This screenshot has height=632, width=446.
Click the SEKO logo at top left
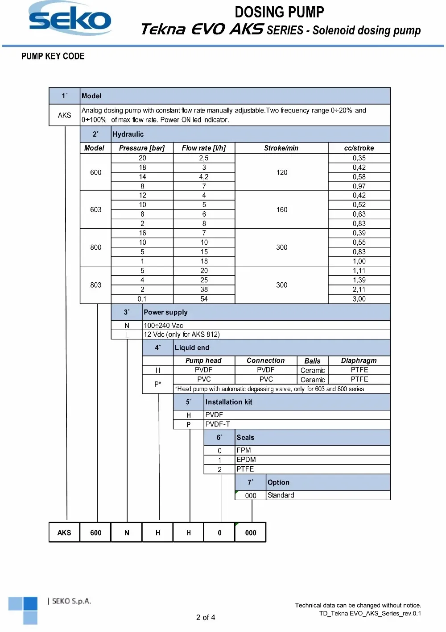click(x=70, y=19)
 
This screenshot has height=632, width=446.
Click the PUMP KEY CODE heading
click(x=53, y=56)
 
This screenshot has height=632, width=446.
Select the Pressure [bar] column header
click(x=142, y=148)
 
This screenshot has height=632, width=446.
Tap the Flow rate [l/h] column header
click(x=204, y=148)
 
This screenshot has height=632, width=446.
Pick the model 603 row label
click(x=95, y=209)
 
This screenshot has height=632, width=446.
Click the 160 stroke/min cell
click(x=281, y=209)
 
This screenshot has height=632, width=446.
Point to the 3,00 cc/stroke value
click(x=359, y=299)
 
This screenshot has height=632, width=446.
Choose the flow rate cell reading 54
click(x=204, y=299)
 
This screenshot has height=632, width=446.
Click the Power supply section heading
click(x=165, y=312)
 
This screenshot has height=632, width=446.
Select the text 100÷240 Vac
click(x=163, y=326)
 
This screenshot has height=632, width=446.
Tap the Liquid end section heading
click(x=192, y=347)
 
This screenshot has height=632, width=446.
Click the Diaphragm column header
click(x=359, y=360)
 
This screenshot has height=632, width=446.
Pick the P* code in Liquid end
click(x=157, y=384)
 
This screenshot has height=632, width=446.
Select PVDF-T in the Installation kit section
click(x=218, y=424)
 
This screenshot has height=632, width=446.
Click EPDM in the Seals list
click(x=246, y=460)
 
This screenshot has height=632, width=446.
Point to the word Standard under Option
click(x=281, y=495)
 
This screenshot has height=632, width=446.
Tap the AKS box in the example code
click(x=64, y=532)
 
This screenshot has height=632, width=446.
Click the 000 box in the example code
click(x=251, y=532)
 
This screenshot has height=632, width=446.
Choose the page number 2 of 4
click(x=206, y=617)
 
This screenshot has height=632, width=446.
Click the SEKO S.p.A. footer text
click(x=71, y=601)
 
